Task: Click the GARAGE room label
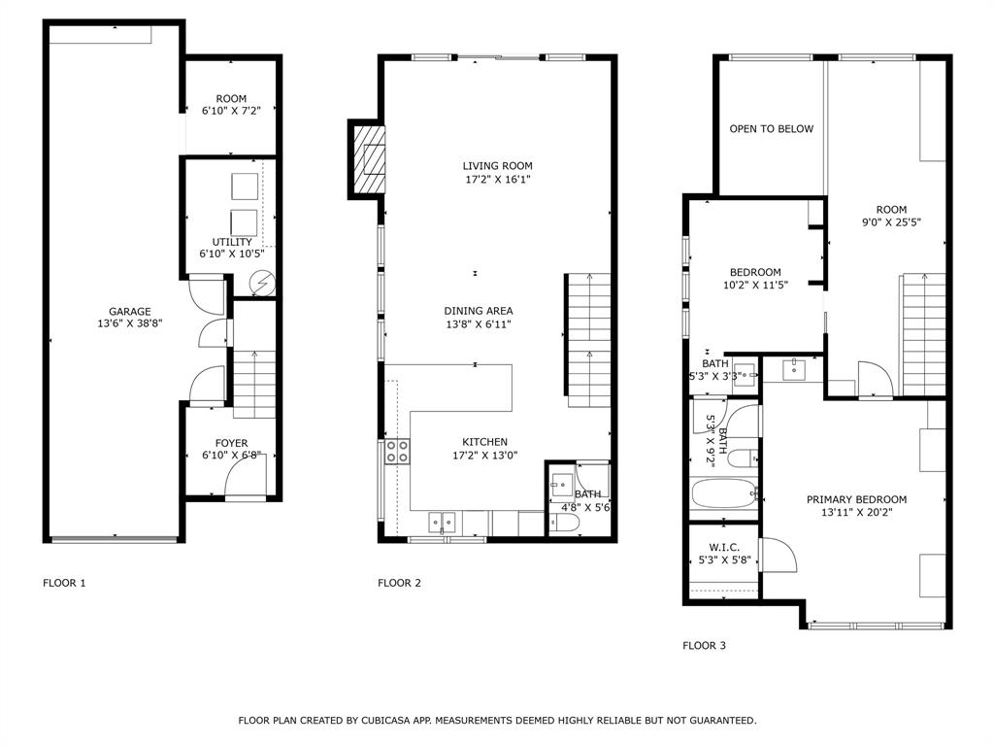click(x=130, y=312)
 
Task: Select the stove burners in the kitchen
click(x=397, y=451)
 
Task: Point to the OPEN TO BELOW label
click(x=771, y=129)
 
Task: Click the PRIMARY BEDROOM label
click(x=856, y=500)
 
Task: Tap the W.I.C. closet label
click(x=724, y=548)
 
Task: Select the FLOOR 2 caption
click(x=399, y=583)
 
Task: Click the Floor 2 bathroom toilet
click(x=564, y=523)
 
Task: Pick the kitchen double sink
click(x=442, y=522)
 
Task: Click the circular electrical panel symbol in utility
click(x=262, y=283)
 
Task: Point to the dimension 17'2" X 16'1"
click(x=498, y=180)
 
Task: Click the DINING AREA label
click(x=479, y=311)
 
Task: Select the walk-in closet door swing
click(x=779, y=555)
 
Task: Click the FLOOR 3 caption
click(x=705, y=646)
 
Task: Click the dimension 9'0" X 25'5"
click(x=891, y=222)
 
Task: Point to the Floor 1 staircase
click(x=254, y=385)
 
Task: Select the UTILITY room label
click(x=232, y=242)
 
